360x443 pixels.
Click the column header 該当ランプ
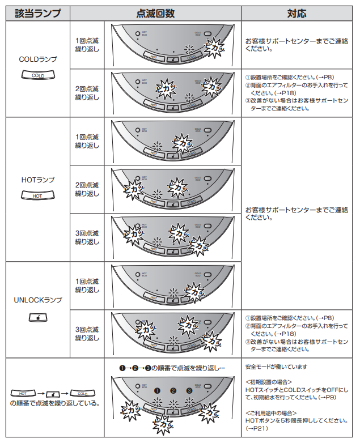click(37, 13)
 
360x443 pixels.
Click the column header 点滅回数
click(155, 13)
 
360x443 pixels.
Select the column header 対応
click(298, 13)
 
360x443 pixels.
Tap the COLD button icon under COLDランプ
click(37, 75)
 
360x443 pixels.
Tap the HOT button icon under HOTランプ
click(37, 195)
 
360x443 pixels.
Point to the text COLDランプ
click(37, 58)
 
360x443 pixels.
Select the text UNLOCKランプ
click(37, 300)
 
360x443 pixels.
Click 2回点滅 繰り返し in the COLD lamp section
click(87, 93)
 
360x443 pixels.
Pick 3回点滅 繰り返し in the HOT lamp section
click(87, 237)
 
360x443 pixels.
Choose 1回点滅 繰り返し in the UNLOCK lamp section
click(87, 286)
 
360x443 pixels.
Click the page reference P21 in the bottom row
click(257, 429)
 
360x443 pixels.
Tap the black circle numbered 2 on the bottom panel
click(173, 390)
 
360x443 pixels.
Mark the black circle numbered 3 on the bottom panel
click(189, 390)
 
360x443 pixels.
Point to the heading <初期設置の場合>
click(268, 382)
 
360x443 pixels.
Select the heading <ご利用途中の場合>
click(272, 413)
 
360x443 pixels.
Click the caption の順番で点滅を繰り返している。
click(54, 403)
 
